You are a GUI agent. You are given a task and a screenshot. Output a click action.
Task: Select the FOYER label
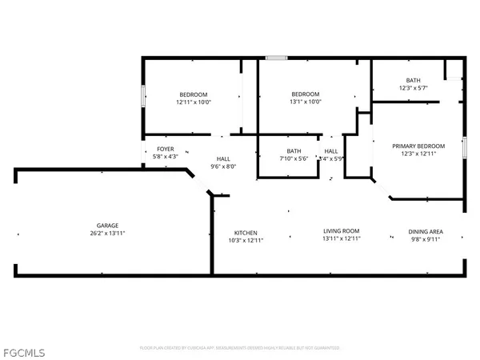click(x=165, y=149)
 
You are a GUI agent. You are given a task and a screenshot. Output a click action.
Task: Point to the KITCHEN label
click(x=245, y=232)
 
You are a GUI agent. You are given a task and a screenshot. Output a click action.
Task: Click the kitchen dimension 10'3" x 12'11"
click(x=245, y=239)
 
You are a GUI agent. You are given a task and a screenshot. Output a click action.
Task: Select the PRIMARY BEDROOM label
click(x=418, y=146)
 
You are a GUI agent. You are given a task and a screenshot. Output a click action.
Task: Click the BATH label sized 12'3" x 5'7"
click(x=413, y=80)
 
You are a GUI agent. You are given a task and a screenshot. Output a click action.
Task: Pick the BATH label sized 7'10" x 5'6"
click(x=294, y=151)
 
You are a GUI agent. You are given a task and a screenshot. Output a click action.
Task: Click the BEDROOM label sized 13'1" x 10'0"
click(x=305, y=94)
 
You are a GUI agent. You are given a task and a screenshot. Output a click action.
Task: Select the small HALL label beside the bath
click(x=330, y=151)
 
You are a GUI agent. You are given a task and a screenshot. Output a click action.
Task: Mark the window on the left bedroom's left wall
click(x=143, y=95)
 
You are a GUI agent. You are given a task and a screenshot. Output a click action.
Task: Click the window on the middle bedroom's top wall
click(x=277, y=58)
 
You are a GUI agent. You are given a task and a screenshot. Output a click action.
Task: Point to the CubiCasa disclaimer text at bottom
click(x=240, y=348)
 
